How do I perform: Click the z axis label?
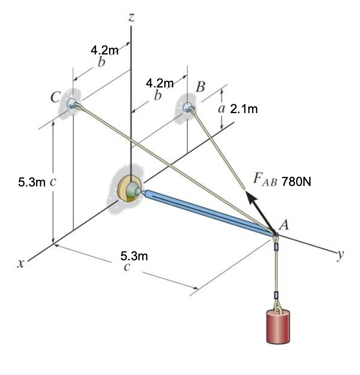[131, 17]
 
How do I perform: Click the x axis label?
[21, 263]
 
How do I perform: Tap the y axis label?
[341, 255]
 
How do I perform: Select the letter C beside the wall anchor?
[55, 97]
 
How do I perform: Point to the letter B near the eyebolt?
[200, 86]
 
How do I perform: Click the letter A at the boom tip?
[284, 225]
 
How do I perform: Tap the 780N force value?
[297, 182]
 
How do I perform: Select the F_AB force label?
[265, 179]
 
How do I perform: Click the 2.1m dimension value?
[244, 109]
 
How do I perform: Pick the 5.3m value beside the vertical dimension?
[31, 182]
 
